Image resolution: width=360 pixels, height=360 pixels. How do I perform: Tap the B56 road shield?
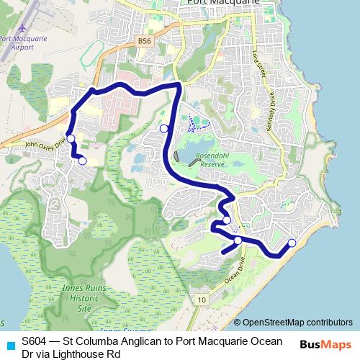click(144, 42)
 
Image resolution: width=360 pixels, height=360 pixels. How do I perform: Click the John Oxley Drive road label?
click(45, 144)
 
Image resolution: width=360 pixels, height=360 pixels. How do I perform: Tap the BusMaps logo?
click(325, 345)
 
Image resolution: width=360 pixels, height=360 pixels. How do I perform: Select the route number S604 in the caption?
click(34, 341)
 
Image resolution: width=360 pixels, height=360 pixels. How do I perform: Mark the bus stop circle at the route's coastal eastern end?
click(292, 243)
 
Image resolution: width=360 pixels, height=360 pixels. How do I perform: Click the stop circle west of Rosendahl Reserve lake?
click(164, 129)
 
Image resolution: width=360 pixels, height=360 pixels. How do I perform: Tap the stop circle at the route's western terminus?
click(82, 161)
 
